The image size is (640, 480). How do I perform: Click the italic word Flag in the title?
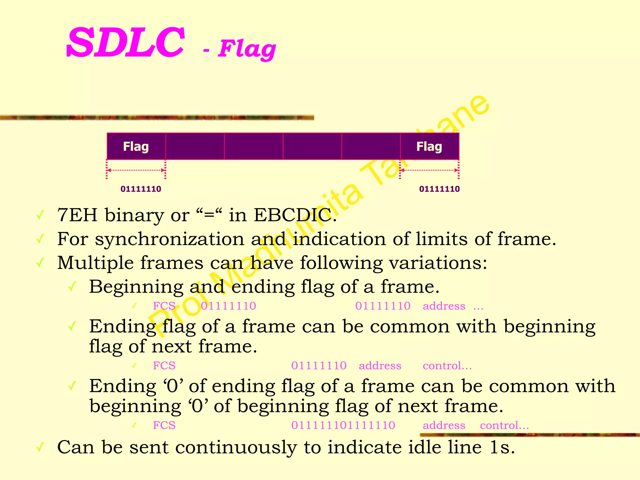pyautogui.click(x=247, y=49)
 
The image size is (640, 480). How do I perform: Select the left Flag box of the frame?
pyautogui.click(x=136, y=146)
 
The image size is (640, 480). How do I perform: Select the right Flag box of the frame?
pyautogui.click(x=429, y=146)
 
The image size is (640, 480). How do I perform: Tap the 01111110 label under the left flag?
pyautogui.click(x=141, y=189)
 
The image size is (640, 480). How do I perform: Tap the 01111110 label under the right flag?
pyautogui.click(x=439, y=189)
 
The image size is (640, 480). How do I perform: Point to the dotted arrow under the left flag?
pyautogui.click(x=136, y=170)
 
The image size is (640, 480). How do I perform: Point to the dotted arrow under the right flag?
pyautogui.click(x=429, y=170)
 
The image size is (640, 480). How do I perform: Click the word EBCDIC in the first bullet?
pyautogui.click(x=292, y=215)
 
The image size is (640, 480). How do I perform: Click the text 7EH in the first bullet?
pyautogui.click(x=77, y=215)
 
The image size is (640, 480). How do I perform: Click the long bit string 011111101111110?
pyautogui.click(x=343, y=425)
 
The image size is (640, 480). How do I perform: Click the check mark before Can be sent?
pyautogui.click(x=40, y=447)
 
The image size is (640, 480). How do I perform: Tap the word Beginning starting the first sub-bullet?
pyautogui.click(x=136, y=287)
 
